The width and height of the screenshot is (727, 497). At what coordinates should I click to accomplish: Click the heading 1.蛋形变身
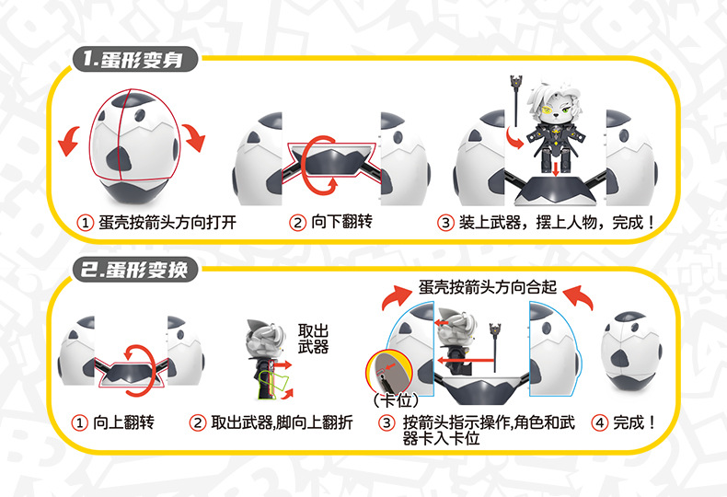(133, 59)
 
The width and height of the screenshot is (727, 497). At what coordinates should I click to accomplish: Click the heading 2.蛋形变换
(134, 270)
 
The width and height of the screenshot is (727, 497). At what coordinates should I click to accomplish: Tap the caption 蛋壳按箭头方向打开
(167, 223)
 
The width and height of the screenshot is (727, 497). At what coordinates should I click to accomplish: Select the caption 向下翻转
(341, 222)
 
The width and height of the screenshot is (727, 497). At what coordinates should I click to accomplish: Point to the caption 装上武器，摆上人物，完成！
(557, 223)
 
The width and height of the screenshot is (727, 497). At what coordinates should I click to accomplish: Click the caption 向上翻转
(124, 422)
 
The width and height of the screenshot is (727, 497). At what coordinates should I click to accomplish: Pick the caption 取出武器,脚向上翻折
(282, 422)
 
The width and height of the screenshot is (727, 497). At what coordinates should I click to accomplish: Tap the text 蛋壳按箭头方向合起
(488, 287)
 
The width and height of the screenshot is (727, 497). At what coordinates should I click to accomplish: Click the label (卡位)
(396, 399)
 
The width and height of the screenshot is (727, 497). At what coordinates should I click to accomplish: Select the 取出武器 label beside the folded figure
(313, 339)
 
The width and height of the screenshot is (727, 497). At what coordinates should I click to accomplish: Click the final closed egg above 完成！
(630, 351)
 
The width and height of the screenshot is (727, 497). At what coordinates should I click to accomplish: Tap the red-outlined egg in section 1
(134, 134)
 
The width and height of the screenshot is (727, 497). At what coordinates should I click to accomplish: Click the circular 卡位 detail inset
(388, 371)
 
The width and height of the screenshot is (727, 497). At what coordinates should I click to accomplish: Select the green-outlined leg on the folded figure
(273, 384)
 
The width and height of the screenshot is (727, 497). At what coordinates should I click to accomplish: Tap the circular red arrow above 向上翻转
(139, 369)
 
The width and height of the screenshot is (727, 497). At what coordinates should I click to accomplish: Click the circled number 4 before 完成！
(599, 422)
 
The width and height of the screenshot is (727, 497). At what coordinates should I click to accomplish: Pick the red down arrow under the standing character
(556, 168)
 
